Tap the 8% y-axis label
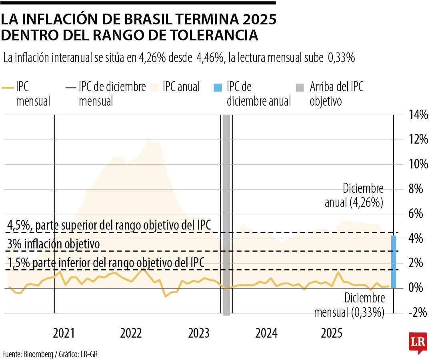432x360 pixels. click(x=420, y=189)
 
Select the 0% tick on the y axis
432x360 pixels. click(x=420, y=288)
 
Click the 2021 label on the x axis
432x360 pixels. click(x=64, y=333)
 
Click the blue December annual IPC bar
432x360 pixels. click(x=394, y=262)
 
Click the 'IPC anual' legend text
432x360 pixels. click(x=181, y=87)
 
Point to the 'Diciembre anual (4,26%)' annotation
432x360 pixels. click(x=354, y=196)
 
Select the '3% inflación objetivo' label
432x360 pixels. click(x=54, y=244)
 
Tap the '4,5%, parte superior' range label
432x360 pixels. click(x=109, y=225)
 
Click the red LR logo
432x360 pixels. click(x=418, y=342)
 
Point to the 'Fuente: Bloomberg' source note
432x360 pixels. click(x=50, y=354)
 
